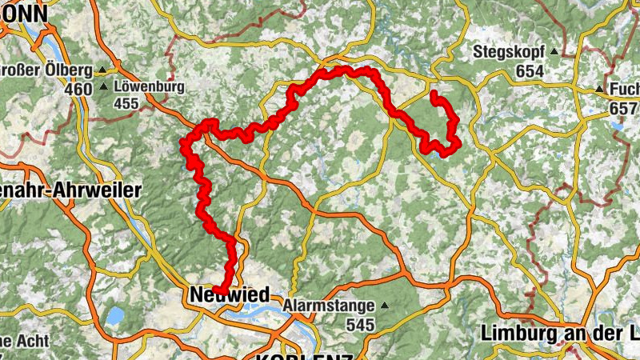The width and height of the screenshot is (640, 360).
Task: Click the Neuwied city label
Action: point(230,295)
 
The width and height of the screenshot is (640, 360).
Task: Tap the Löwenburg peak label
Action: point(150,86)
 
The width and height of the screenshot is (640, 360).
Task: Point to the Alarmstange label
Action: point(330,306)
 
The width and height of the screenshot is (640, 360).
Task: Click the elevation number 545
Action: point(362,325)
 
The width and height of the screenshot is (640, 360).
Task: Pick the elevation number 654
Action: point(530,72)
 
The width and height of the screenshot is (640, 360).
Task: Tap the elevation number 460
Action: point(79,90)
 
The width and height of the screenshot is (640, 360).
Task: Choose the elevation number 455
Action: point(126,103)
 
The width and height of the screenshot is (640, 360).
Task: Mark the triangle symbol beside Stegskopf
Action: point(554,53)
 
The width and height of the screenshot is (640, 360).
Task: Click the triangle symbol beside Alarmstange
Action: point(385,306)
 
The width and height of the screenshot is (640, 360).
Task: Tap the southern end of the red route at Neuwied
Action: point(217,290)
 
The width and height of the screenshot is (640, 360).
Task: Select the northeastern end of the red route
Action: point(434,94)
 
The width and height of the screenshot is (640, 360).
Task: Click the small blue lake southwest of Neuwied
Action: point(114,315)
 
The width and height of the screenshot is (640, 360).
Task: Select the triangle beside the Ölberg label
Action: point(103,70)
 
